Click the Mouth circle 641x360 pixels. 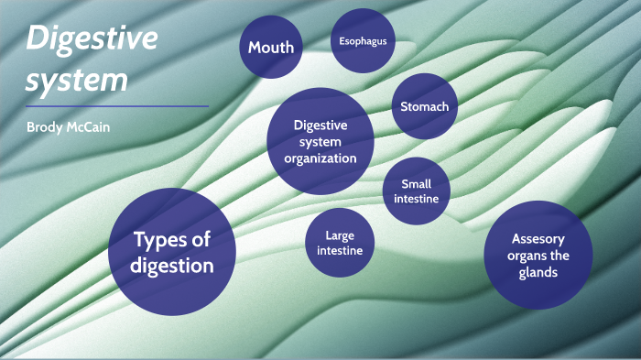[271, 47]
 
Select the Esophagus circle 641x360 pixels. [363, 41]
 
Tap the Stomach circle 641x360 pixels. [424, 106]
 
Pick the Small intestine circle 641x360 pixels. [417, 191]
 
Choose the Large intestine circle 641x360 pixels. [340, 243]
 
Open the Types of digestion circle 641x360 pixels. [172, 252]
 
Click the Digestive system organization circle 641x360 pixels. [320, 141]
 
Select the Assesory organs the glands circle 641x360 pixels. [538, 255]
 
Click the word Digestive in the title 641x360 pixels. [92, 39]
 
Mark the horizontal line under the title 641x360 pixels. [116, 106]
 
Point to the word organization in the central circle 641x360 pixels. [320, 158]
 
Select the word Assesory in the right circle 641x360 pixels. [538, 238]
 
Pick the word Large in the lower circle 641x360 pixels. [340, 235]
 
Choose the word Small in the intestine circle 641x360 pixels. [417, 184]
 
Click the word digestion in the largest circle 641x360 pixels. [172, 266]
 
